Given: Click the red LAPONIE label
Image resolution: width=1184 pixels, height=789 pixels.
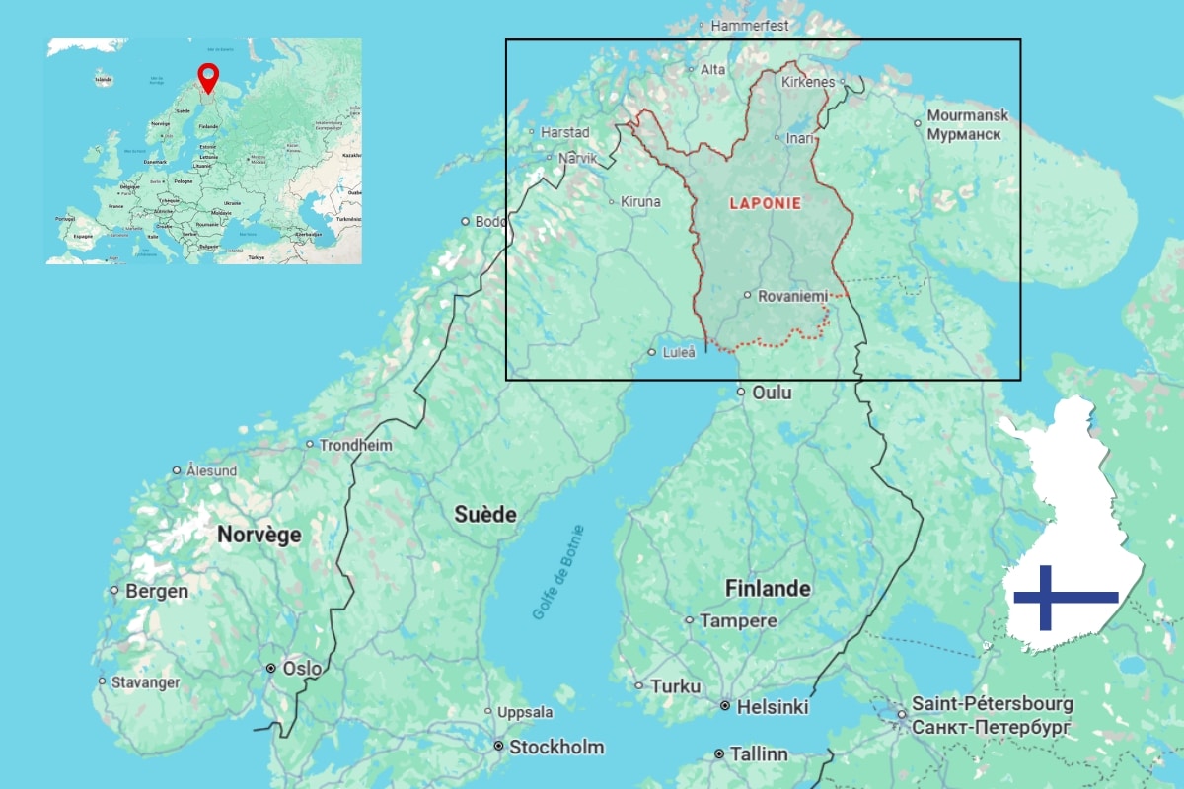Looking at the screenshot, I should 764,203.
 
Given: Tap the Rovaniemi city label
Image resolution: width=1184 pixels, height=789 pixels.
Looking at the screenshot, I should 792,295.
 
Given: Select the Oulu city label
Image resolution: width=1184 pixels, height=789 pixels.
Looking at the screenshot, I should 772,393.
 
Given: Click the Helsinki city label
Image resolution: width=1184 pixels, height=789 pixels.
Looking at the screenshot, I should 774,707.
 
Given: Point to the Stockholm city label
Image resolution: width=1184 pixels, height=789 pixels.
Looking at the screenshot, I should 555,747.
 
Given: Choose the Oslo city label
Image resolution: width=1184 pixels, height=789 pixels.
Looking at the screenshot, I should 301,669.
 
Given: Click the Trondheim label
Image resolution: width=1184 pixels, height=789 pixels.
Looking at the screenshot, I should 355,446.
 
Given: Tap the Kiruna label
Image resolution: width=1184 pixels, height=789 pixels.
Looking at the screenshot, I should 640,202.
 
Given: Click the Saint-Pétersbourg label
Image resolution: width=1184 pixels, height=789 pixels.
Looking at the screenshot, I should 992,705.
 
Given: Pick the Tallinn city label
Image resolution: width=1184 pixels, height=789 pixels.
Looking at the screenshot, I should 758,754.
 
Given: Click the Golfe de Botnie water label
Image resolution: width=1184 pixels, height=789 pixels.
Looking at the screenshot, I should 558,574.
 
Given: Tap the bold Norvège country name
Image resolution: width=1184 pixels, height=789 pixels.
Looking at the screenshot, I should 259,535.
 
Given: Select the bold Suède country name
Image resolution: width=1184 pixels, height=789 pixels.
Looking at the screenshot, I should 485,514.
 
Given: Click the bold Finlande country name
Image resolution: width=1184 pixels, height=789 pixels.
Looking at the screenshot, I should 768,589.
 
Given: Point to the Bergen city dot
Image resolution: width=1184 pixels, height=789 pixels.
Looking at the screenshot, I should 115,592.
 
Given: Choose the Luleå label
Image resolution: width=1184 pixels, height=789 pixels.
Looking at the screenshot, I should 677,352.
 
